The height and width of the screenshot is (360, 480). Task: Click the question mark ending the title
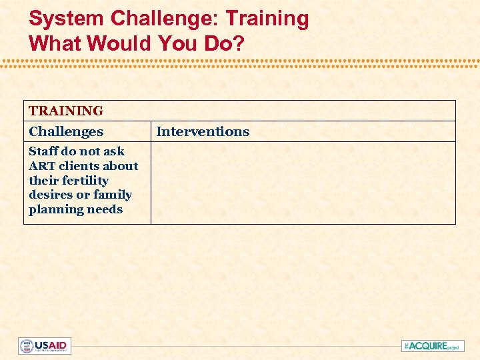(239, 43)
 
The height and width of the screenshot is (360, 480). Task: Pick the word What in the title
(55, 43)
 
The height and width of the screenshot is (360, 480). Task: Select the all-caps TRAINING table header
(66, 111)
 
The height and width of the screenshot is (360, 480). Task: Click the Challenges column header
(66, 131)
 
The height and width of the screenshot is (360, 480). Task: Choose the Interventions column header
(203, 131)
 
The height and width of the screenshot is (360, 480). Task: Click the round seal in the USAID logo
(27, 346)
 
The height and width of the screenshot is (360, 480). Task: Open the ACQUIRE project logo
(433, 346)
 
